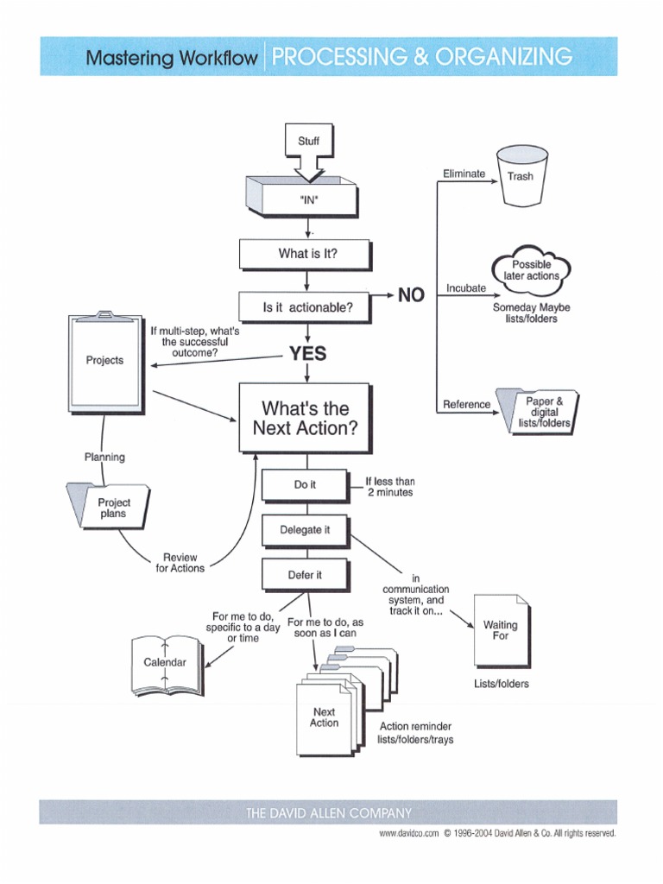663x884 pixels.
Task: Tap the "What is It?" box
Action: [x=306, y=254]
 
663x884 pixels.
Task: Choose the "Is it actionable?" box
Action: [x=306, y=306]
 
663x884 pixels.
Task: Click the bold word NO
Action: [x=411, y=295]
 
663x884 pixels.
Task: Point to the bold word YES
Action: [x=307, y=353]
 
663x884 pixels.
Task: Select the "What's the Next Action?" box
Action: [x=305, y=418]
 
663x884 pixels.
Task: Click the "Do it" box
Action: [x=305, y=485]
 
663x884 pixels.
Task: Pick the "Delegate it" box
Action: [x=305, y=530]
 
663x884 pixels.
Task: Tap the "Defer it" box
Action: [x=305, y=575]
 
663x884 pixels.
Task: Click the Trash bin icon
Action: [x=521, y=176]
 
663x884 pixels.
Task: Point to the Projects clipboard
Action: [x=105, y=361]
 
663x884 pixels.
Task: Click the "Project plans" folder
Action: [x=111, y=507]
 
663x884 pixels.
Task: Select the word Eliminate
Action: [x=464, y=174]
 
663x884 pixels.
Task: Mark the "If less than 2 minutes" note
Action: [x=389, y=486]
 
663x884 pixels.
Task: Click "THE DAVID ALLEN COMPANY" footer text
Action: [x=329, y=812]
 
